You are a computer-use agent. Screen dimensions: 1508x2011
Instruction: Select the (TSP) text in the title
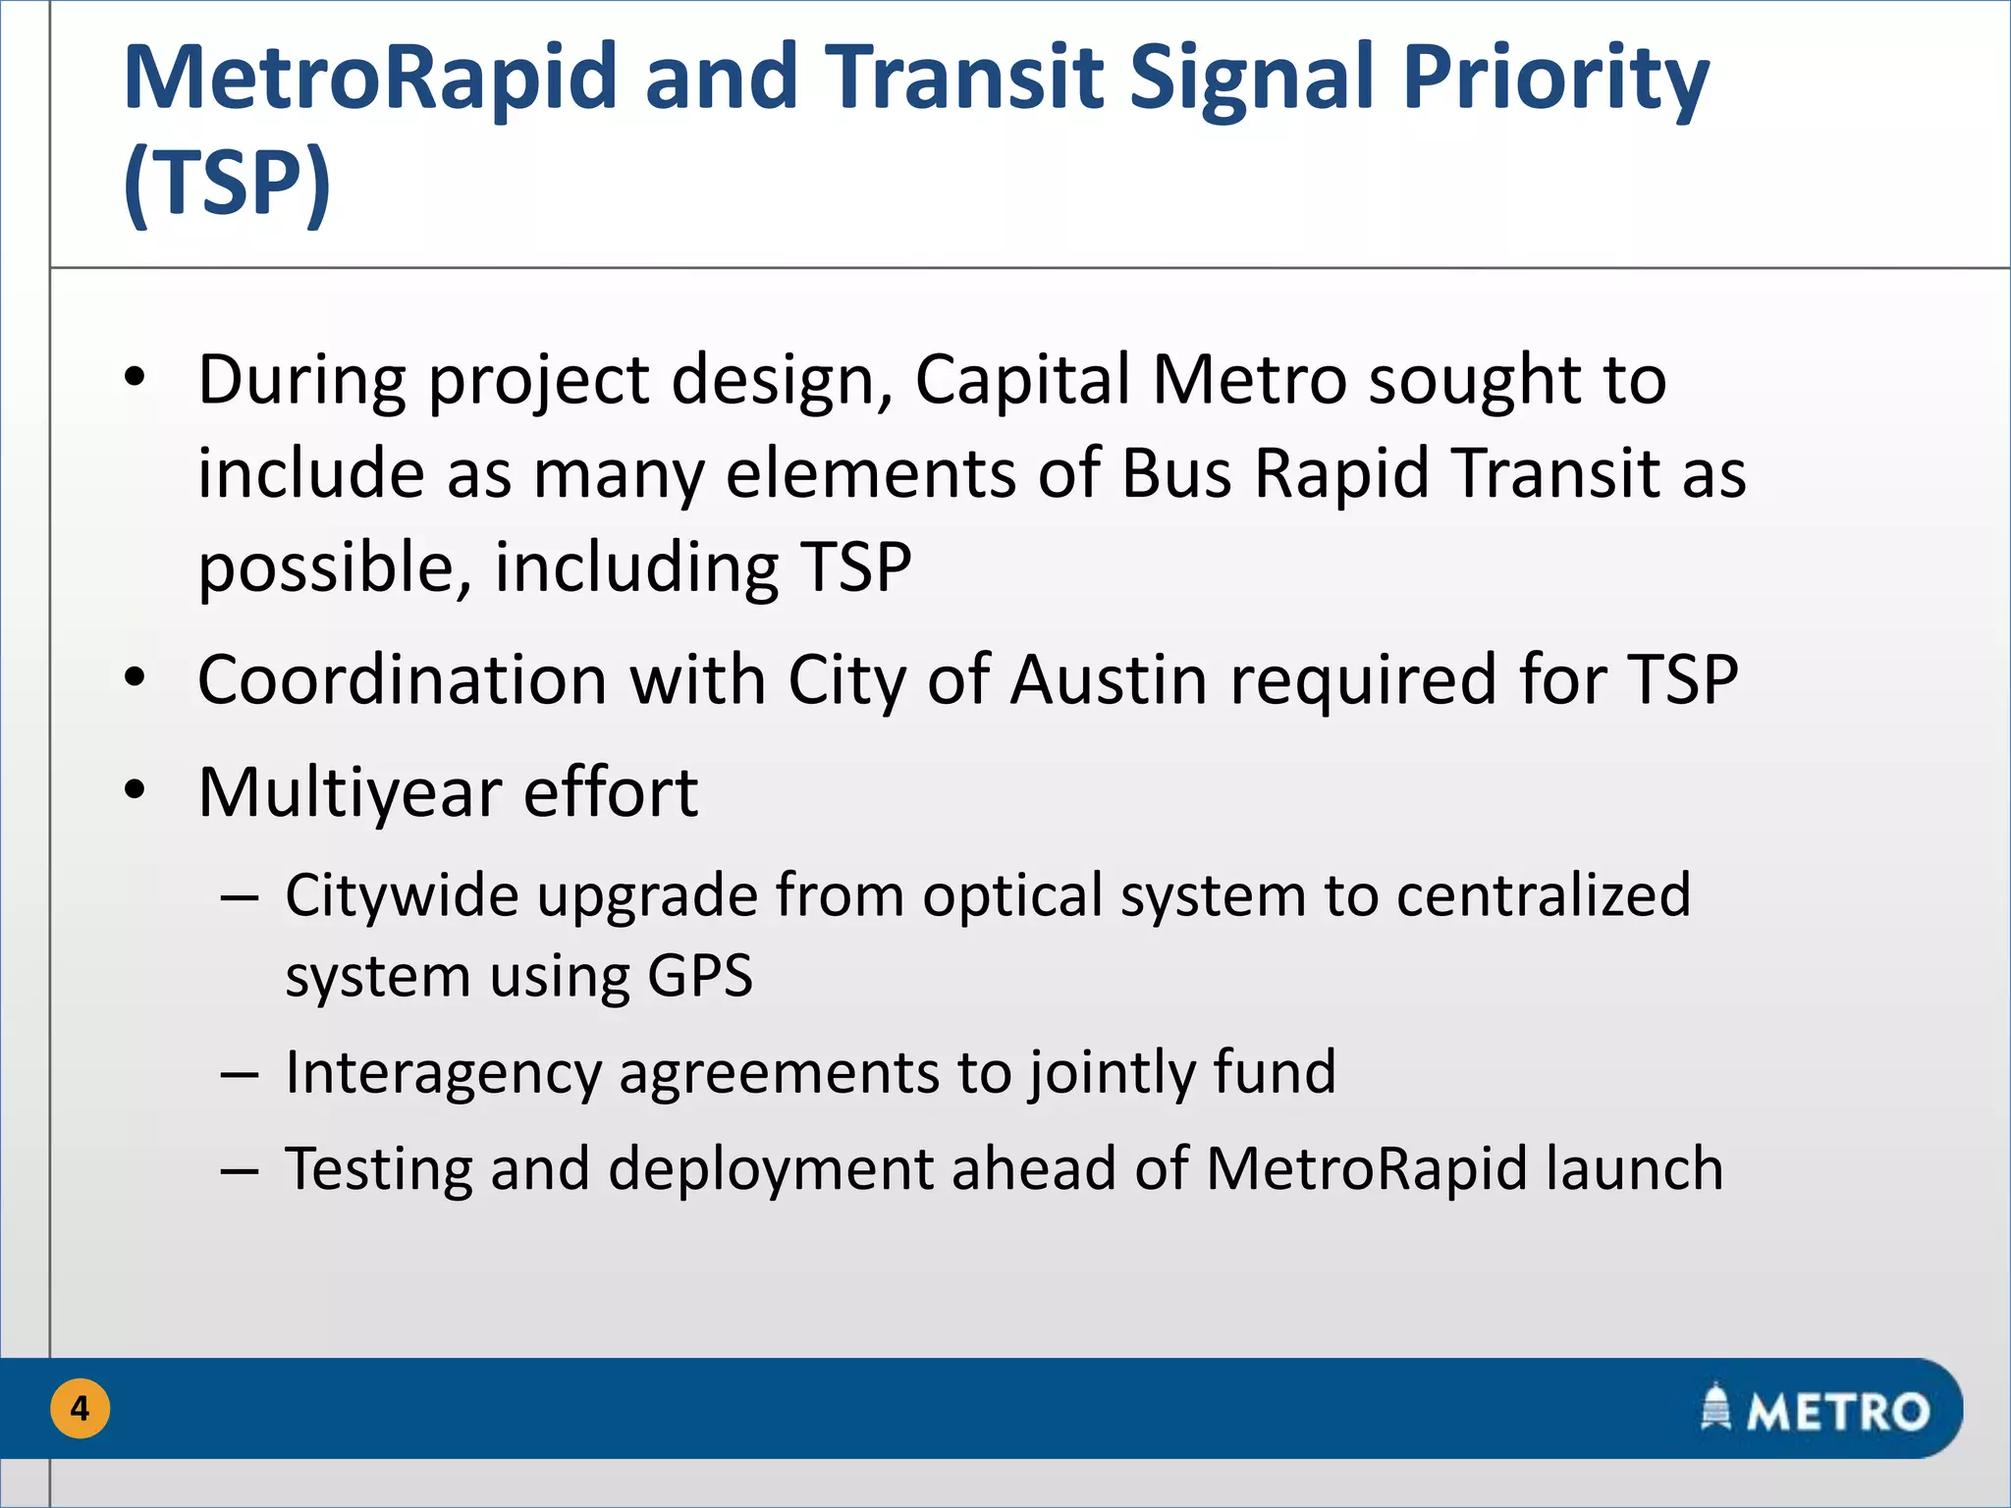(228, 183)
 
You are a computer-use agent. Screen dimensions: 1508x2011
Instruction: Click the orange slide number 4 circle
(80, 1409)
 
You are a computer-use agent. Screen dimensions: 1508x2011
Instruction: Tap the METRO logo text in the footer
(1838, 1412)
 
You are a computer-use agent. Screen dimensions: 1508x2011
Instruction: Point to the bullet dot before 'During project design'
(136, 377)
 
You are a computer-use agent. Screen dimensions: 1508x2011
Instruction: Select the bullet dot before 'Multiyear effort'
(136, 789)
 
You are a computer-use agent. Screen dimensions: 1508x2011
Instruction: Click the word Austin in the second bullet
(1109, 679)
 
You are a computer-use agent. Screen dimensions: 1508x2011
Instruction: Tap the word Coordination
(403, 679)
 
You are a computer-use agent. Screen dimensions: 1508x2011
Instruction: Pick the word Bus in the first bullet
(1176, 473)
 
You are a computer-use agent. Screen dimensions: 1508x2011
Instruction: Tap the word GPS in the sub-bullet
(700, 976)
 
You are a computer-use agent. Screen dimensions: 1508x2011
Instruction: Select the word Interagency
(442, 1072)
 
